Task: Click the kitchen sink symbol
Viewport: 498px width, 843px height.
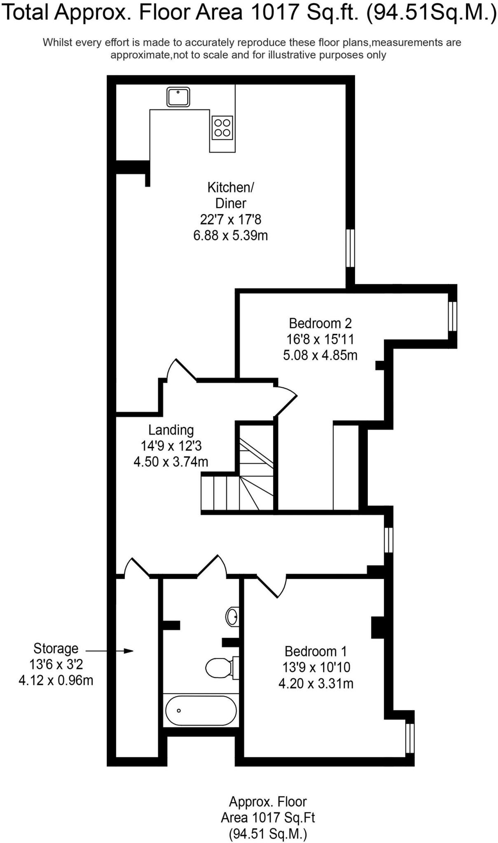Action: (x=178, y=97)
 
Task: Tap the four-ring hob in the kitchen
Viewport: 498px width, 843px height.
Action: (x=222, y=128)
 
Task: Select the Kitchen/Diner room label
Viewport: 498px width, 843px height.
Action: (x=231, y=195)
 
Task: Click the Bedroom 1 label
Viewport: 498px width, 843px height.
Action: (x=316, y=651)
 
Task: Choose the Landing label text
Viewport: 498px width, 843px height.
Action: (x=171, y=430)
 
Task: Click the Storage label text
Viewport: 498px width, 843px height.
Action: (x=56, y=648)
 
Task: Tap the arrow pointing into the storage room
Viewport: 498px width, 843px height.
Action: (x=109, y=651)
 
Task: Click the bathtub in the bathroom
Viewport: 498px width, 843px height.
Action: (x=201, y=710)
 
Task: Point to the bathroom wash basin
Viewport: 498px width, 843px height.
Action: (x=232, y=616)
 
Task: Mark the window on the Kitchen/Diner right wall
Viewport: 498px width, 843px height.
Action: (x=350, y=248)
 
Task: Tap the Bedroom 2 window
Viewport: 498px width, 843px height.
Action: (x=452, y=316)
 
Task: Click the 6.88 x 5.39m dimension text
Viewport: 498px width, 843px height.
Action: (x=231, y=235)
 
